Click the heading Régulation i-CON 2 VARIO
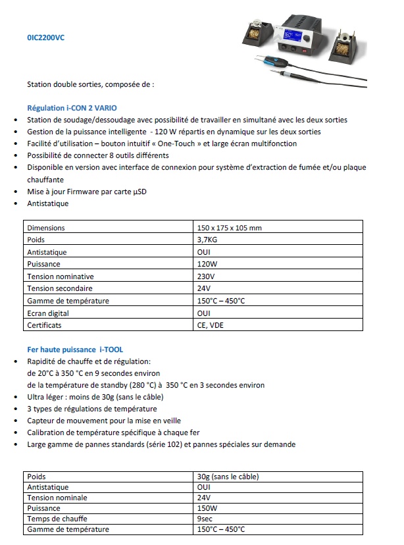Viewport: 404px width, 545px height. click(72, 107)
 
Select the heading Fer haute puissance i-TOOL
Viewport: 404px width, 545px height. click(75, 350)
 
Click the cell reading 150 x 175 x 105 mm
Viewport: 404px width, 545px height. click(229, 228)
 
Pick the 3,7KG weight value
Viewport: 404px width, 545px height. click(207, 240)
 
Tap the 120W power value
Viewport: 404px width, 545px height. click(207, 265)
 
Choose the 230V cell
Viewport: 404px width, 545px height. click(205, 276)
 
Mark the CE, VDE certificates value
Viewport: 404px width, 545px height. click(210, 325)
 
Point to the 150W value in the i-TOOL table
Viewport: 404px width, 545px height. click(207, 509)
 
